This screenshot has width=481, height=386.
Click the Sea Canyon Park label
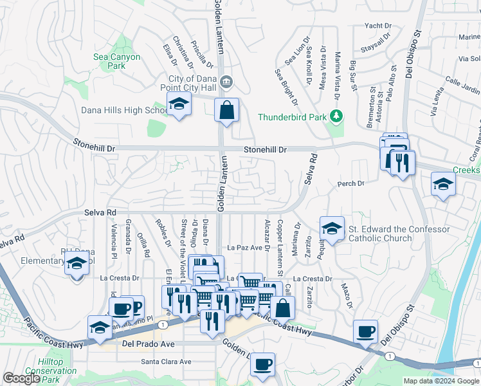pyautogui.click(x=116, y=61)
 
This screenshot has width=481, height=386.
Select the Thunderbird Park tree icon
pyautogui.click(x=334, y=116)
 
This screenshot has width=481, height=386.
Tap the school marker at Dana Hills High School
pyautogui.click(x=178, y=104)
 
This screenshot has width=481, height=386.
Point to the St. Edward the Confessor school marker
pyautogui.click(x=332, y=228)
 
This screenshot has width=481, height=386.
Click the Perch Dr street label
pyautogui.click(x=351, y=184)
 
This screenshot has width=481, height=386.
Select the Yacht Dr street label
pyautogui.click(x=377, y=26)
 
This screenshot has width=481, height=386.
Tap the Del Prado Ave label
pyautogui.click(x=148, y=345)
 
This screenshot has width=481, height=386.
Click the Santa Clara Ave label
pyautogui.click(x=167, y=362)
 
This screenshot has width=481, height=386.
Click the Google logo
pyautogui.click(x=21, y=378)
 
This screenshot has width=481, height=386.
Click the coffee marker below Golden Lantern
pyautogui.click(x=262, y=365)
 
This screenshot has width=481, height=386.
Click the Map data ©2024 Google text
pyautogui.click(x=441, y=381)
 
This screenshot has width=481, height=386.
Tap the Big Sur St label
pyautogui.click(x=353, y=75)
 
